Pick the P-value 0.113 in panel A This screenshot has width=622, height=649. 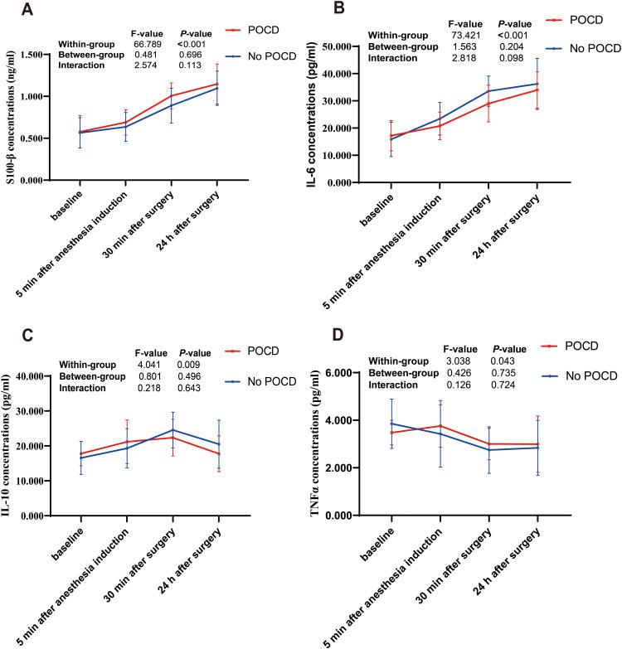[x=190, y=65]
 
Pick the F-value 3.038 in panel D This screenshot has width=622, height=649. [x=459, y=361]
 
